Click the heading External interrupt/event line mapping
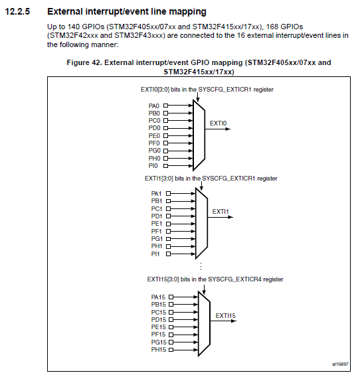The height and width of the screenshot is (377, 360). coord(127,12)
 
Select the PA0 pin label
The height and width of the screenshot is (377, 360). coord(153,106)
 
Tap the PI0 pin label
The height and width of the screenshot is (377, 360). coord(153,166)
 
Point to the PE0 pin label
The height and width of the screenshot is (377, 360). coord(153,135)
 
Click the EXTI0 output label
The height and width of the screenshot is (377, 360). coord(219,123)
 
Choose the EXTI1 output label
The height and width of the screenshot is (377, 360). coord(221,211)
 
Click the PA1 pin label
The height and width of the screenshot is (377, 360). coord(157,193)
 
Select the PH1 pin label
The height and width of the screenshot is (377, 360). coord(157,246)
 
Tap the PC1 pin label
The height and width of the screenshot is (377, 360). coord(157,208)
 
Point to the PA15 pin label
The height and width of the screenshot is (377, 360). coord(158,297)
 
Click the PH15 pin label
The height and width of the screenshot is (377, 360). coord(158,349)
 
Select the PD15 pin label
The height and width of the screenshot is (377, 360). coord(158,319)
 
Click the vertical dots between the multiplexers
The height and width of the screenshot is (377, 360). coord(200,265)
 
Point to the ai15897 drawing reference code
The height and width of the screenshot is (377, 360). coord(339,364)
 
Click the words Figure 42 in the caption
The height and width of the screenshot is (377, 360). coord(84,62)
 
